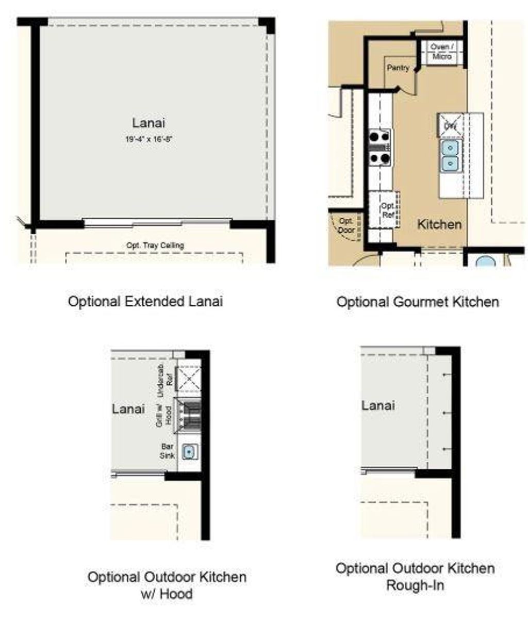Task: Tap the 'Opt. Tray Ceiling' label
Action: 155,246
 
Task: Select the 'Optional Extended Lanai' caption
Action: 145,301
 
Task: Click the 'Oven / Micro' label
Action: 442,52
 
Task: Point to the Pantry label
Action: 398,68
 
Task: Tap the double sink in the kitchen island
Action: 450,155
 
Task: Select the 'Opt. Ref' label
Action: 387,210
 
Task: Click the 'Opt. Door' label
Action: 346,225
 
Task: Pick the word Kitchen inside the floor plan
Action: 439,224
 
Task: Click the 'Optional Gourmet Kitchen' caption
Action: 418,301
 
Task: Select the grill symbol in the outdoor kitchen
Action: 189,415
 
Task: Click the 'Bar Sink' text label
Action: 167,451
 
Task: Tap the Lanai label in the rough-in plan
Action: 378,405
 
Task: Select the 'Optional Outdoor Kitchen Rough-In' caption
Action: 415,577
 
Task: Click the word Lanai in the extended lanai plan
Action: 148,123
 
